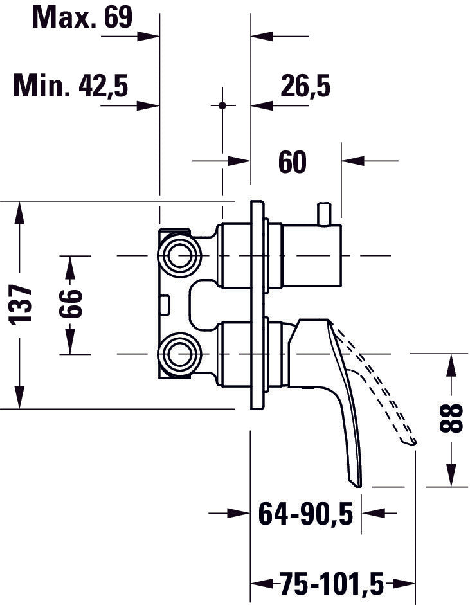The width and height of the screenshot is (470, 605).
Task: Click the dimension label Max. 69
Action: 82,17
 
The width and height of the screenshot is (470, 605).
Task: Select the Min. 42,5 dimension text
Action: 71,86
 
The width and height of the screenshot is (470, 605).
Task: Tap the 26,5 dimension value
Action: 305,86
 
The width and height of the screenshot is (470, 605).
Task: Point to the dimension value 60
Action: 293,163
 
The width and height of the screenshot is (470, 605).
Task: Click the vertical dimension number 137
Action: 23,304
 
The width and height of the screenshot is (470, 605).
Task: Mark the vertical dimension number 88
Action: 454,420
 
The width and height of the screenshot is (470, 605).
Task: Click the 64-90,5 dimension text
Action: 306,514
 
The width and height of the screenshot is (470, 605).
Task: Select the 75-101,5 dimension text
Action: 331,584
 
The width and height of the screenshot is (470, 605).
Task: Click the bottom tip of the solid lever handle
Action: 355,482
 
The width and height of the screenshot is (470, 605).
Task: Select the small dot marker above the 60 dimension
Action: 222,105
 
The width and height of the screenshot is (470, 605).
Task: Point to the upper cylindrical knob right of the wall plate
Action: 312,256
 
